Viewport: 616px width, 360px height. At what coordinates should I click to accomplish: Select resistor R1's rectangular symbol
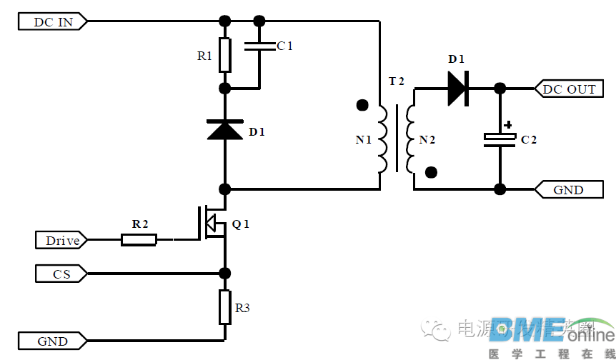[x=225, y=55]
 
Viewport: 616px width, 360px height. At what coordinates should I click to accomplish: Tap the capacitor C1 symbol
[x=259, y=46]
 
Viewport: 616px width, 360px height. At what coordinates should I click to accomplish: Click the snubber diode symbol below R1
[x=225, y=129]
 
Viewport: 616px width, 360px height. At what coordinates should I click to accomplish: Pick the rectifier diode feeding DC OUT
[x=457, y=89]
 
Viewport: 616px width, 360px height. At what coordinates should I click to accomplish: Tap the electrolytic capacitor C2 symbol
[x=500, y=140]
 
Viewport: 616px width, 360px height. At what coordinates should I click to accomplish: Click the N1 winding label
[x=364, y=140]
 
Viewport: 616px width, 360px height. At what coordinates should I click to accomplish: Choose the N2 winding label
[x=427, y=140]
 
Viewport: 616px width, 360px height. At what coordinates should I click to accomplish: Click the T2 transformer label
[x=396, y=81]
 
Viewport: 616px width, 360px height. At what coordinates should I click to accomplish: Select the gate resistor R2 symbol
[x=139, y=240]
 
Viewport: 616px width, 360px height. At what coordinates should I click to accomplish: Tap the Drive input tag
[x=62, y=241]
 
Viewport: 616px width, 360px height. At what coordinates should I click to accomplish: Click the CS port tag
[x=61, y=274]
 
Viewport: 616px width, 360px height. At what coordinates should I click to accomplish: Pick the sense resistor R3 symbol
[x=225, y=306]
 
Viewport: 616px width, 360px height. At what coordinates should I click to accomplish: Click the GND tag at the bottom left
[x=53, y=341]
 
